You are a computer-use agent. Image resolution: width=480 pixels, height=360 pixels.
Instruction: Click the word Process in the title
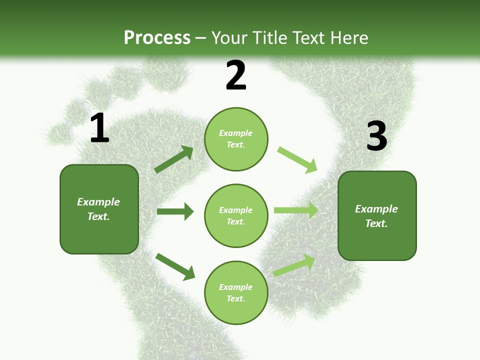[157, 38]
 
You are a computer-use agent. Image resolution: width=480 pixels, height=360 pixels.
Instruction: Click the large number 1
[99, 128]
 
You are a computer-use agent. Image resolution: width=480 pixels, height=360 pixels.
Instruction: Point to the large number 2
[236, 75]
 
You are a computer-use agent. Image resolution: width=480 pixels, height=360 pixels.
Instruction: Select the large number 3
[376, 136]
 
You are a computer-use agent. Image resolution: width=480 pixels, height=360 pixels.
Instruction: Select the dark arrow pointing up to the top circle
[174, 159]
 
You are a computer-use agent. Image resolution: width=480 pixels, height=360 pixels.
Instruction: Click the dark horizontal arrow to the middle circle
[175, 211]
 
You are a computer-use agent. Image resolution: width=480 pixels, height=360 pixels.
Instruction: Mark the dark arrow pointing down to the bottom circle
[175, 266]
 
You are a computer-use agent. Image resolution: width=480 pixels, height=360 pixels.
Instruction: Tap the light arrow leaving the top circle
[297, 159]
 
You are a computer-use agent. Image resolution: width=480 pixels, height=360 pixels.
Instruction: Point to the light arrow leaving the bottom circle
[294, 265]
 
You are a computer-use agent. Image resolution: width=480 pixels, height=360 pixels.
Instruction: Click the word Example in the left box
[98, 202]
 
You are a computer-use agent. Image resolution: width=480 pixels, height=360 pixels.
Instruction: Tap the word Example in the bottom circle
[236, 287]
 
